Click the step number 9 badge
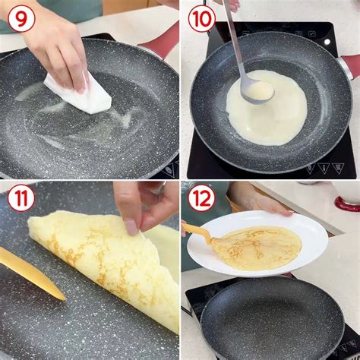click(x=21, y=19)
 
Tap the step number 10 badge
click(x=202, y=19)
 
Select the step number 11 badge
click(x=21, y=198)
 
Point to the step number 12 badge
click(x=202, y=198)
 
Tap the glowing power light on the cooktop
click(x=327, y=42)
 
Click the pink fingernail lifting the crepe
click(x=132, y=227)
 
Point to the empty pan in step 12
click(x=272, y=319)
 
